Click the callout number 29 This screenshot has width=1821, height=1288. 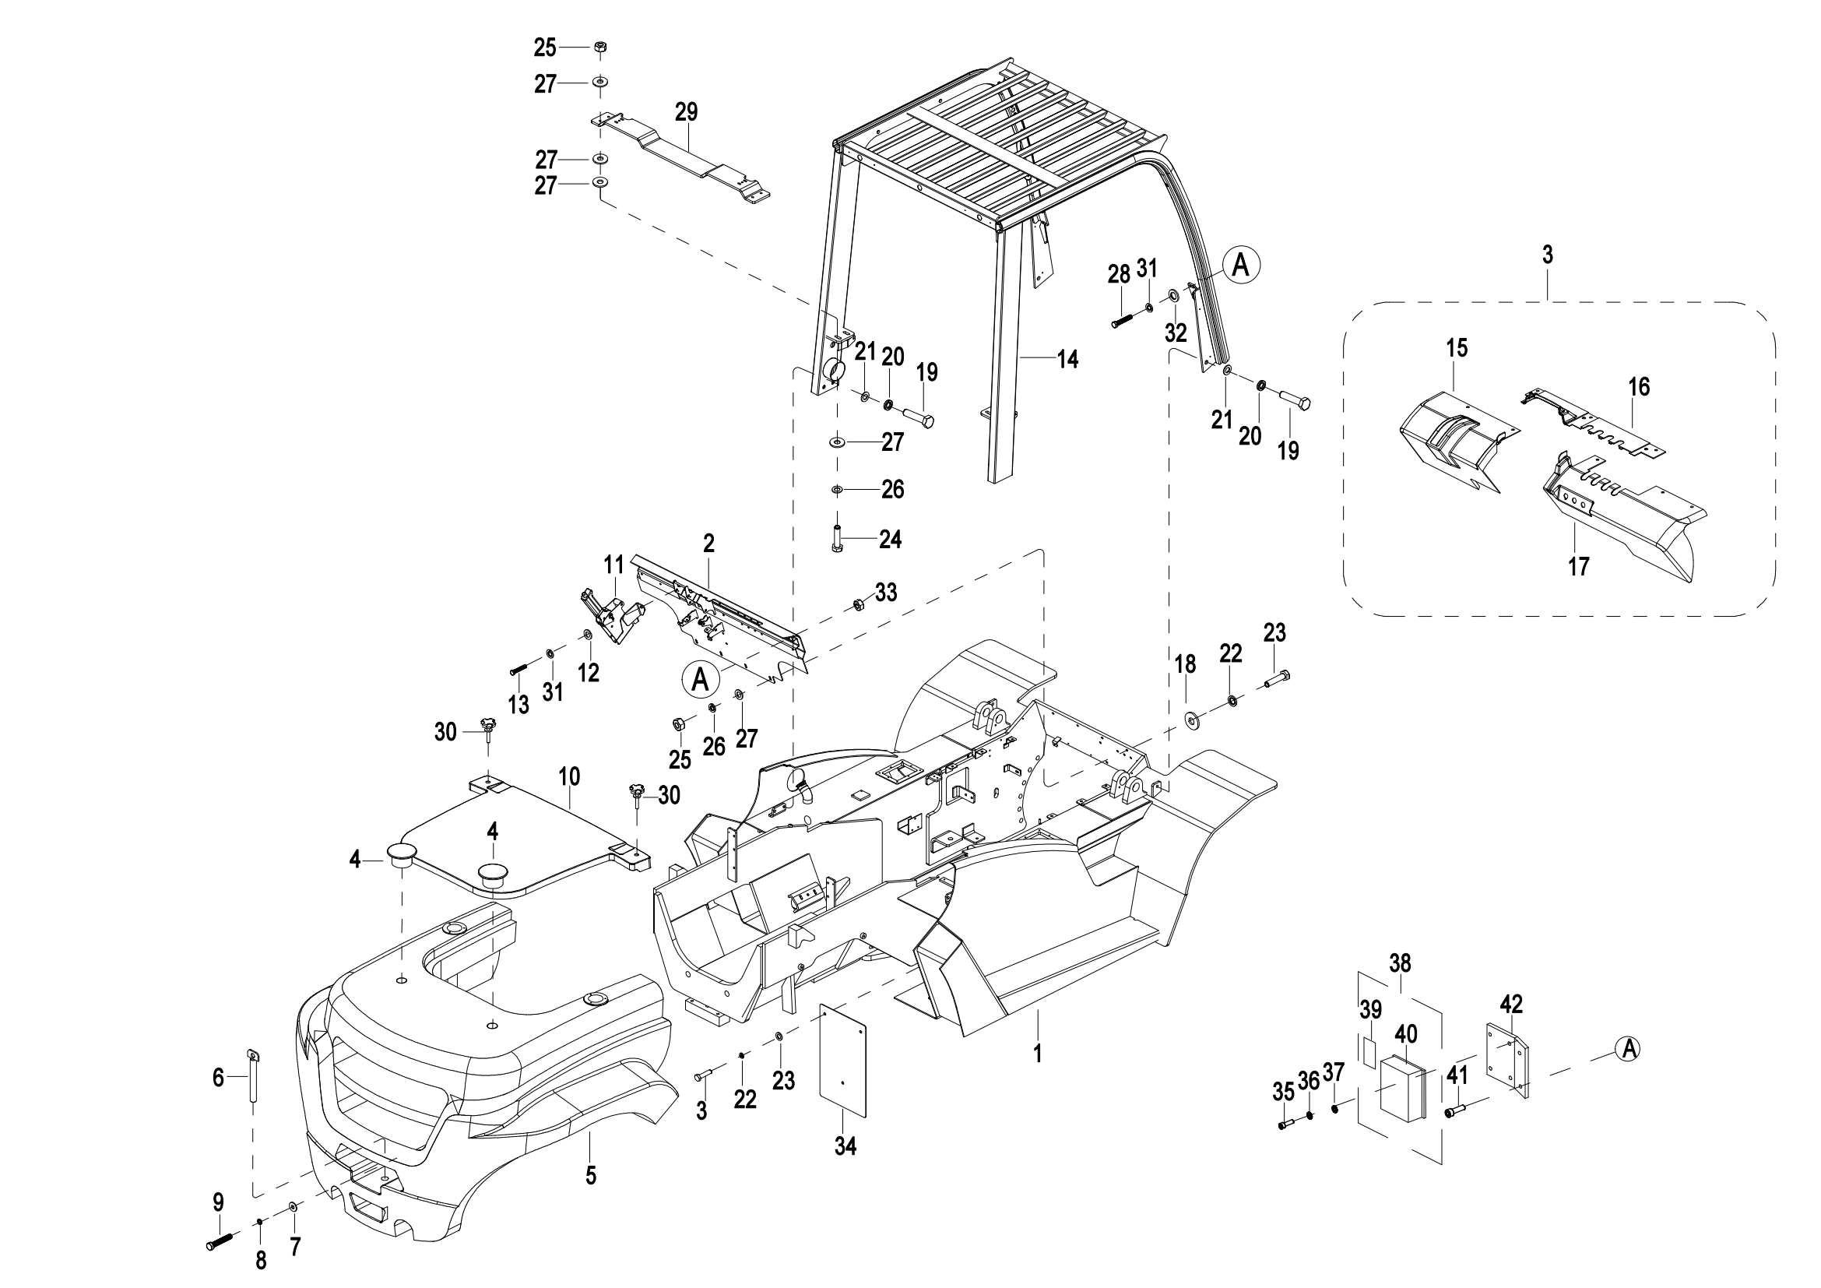coord(686,112)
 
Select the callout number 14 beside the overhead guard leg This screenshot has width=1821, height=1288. coord(1067,359)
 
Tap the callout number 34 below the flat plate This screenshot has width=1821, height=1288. coord(845,1146)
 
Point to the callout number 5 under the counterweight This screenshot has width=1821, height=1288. coord(591,1175)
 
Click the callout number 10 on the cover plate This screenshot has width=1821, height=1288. coord(569,776)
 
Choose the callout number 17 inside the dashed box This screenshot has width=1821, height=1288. coord(1578,566)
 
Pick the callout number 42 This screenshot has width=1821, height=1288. coord(1511,1005)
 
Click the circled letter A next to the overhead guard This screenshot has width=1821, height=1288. coord(1240,265)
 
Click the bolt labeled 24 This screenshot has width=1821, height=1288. coord(838,540)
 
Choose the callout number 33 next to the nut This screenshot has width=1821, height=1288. coord(886,593)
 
